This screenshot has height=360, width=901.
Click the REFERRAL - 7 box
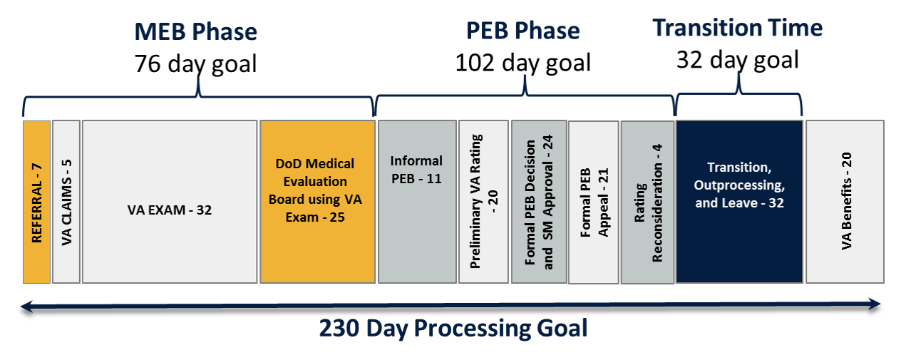tap(36, 202)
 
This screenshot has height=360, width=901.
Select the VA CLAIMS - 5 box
tap(66, 202)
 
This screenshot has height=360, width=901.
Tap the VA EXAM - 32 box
tap(169, 202)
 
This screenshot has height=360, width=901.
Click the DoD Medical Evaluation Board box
tap(317, 202)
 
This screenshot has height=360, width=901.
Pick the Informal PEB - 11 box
tap(417, 202)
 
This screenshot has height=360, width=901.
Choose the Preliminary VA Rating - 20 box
tap(483, 202)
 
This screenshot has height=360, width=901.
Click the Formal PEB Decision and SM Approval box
tap(539, 202)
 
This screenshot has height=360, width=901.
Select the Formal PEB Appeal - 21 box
tap(594, 202)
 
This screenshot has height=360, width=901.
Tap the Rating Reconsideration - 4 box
tap(647, 202)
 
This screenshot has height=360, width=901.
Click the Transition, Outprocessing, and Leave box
tap(739, 202)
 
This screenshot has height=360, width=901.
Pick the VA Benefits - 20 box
tap(845, 202)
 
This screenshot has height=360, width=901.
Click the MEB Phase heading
tap(195, 32)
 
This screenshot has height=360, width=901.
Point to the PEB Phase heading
tap(522, 31)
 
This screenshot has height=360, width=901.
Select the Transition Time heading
tap(738, 28)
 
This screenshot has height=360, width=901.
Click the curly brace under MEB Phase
tap(198, 91)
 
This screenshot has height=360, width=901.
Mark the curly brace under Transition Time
tap(739, 89)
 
